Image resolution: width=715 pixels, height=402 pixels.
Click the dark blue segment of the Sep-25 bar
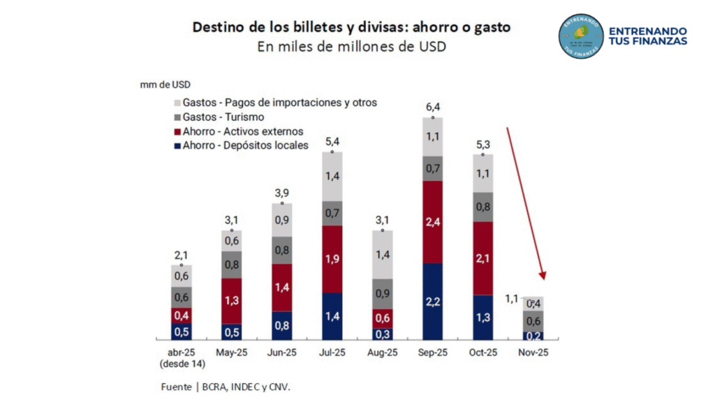pos(433,301)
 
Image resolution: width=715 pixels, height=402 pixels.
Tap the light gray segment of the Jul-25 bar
pos(332,176)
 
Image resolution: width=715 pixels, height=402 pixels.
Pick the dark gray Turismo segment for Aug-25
pos(382,294)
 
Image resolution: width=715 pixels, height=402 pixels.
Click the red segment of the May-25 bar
pos(231,301)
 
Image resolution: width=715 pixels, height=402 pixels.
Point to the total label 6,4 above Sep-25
pos(433,107)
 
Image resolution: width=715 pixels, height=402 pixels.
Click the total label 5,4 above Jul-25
pos(332,142)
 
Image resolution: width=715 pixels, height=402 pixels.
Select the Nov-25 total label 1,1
pos(513,299)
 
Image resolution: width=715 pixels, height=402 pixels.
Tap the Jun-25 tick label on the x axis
pos(281,353)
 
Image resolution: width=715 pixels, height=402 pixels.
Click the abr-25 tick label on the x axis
pos(181,353)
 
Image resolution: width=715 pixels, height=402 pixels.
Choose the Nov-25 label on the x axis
pos(533,353)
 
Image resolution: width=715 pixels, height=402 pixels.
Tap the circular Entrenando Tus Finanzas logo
pos(580,36)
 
